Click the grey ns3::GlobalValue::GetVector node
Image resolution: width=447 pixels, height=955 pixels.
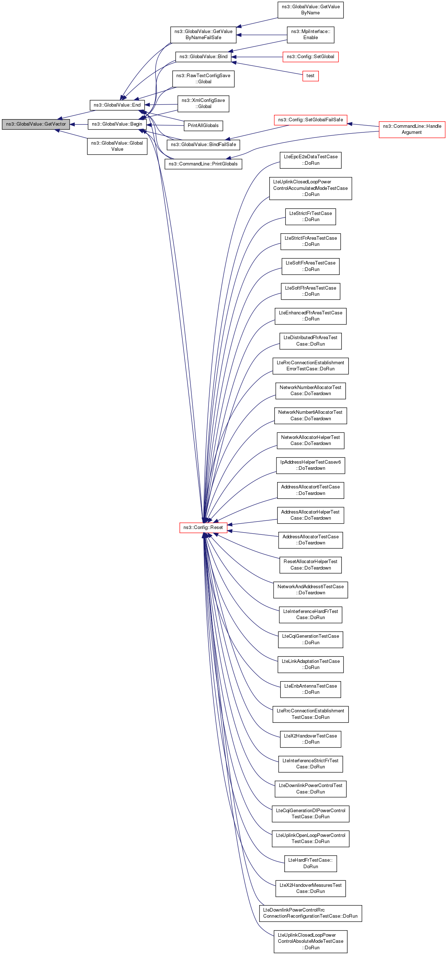[x=36, y=124]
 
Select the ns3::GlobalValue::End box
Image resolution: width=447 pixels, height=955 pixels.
[x=117, y=105]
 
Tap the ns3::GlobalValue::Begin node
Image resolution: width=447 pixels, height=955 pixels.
[x=117, y=124]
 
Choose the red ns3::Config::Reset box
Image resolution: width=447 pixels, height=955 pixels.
[x=203, y=528]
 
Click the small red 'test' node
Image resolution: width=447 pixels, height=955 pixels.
[x=311, y=76]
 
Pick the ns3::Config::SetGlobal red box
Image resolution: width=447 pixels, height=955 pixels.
[x=311, y=57]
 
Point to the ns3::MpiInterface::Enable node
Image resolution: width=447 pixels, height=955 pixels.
[x=311, y=34]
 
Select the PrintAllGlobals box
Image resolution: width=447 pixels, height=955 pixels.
[x=203, y=126]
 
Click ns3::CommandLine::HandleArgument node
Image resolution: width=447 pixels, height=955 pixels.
[x=412, y=130]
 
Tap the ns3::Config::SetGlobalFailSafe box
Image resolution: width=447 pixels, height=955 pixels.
[x=311, y=120]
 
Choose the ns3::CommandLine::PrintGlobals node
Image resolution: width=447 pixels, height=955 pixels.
[x=203, y=164]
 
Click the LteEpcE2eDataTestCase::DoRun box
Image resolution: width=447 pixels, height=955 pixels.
[x=311, y=160]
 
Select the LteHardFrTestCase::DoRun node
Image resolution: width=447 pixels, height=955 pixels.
[x=311, y=863]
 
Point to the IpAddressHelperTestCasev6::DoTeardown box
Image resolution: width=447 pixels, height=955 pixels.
[x=311, y=465]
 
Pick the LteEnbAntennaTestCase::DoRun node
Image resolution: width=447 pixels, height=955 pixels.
[x=311, y=689]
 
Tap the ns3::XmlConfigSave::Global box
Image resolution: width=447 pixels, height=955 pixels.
[x=203, y=103]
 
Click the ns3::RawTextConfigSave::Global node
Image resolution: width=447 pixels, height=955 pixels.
[x=203, y=79]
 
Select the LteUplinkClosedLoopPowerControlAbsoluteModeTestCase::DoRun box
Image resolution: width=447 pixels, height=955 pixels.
[x=311, y=941]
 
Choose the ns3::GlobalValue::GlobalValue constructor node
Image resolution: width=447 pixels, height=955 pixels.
[x=117, y=146]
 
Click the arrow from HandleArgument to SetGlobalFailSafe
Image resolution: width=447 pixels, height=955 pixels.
[x=363, y=125]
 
